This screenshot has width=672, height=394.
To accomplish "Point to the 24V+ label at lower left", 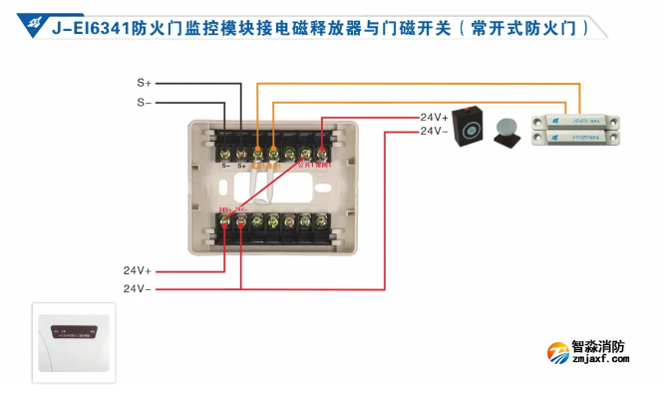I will pyautogui.click(x=138, y=270).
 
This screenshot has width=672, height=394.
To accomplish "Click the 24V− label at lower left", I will pyautogui.click(x=138, y=288).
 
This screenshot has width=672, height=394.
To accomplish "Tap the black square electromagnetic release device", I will pyautogui.click(x=468, y=127).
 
